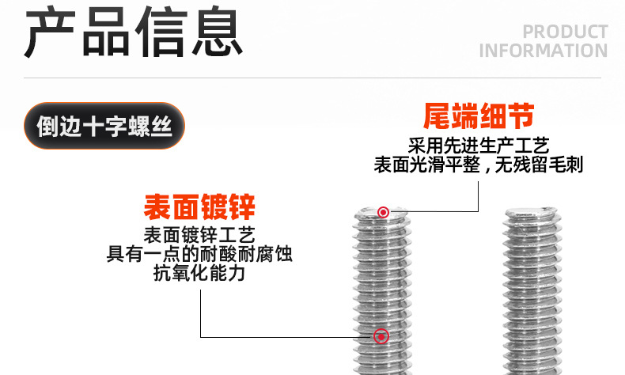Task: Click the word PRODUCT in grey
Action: (x=565, y=32)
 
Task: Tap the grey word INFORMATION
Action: (x=543, y=51)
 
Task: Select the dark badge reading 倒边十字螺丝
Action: (x=104, y=126)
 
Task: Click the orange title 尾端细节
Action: (x=479, y=117)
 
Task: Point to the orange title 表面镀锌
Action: (x=199, y=208)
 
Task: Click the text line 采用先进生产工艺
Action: (x=479, y=146)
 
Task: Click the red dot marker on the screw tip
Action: (x=383, y=211)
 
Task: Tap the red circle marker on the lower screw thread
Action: (x=382, y=337)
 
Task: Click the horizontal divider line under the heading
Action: (x=312, y=78)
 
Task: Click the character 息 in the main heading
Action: (x=214, y=33)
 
